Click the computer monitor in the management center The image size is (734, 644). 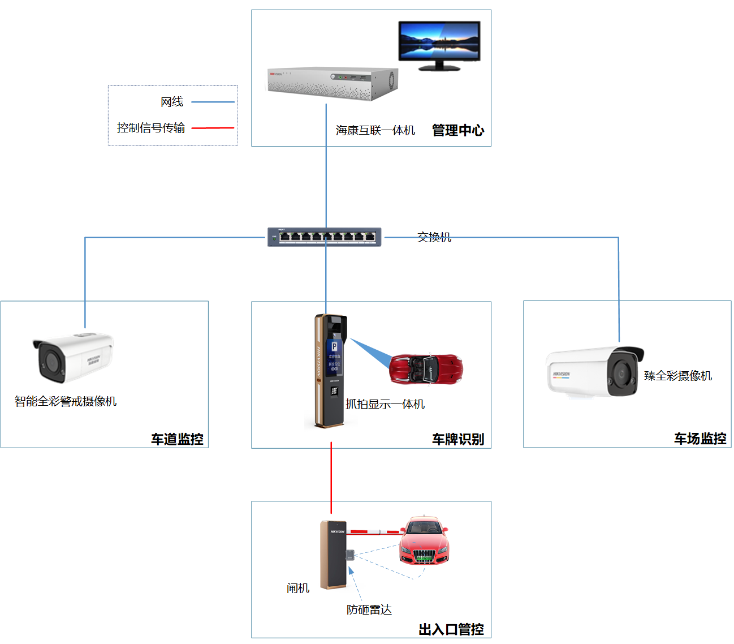pyautogui.click(x=439, y=43)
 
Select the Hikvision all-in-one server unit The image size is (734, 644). pyautogui.click(x=333, y=83)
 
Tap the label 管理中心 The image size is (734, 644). pyautogui.click(x=458, y=131)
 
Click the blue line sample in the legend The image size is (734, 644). pyautogui.click(x=213, y=102)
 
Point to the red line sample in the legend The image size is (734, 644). pyautogui.click(x=213, y=128)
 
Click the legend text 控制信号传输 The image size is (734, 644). pyautogui.click(x=151, y=128)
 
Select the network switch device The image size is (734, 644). pyautogui.click(x=325, y=237)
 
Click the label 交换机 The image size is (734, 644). pyautogui.click(x=434, y=237)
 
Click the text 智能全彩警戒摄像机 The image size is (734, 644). pyautogui.click(x=66, y=401)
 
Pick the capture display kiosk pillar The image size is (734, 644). pyautogui.click(x=330, y=371)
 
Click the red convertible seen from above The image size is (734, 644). pyautogui.click(x=426, y=368)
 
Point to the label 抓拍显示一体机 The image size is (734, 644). pyautogui.click(x=385, y=404)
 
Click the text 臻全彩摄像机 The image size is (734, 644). pyautogui.click(x=678, y=376)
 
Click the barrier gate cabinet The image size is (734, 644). pyautogui.click(x=333, y=555)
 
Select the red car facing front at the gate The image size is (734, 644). pyautogui.click(x=424, y=540)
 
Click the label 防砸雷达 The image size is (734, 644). pyautogui.click(x=369, y=609)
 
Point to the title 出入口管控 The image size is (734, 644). pyautogui.click(x=451, y=629)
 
